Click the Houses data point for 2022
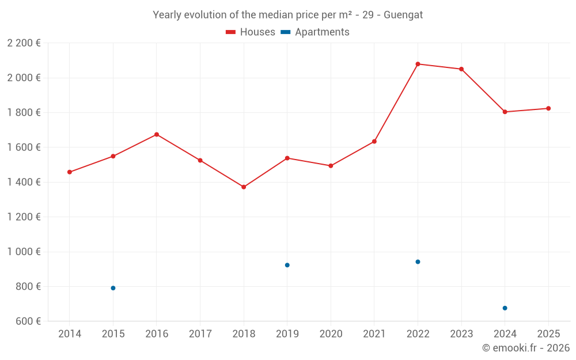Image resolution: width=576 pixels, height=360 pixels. tap(418, 64)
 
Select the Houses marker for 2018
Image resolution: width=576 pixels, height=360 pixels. tap(244, 187)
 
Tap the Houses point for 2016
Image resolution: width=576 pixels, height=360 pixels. tap(157, 135)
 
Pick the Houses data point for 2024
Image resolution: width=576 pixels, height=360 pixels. tap(505, 112)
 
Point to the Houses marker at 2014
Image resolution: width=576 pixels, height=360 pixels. tap(70, 172)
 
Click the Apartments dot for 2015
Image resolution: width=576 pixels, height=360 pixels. tap(113, 288)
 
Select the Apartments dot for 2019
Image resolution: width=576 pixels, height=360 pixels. tap(287, 265)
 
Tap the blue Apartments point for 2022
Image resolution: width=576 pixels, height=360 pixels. tap(418, 262)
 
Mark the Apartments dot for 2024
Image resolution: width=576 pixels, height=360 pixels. tap(505, 308)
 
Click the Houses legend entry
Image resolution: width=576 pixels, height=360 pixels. tap(251, 32)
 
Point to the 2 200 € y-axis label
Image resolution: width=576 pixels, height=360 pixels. tap(24, 43)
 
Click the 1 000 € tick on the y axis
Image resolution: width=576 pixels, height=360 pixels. tap(24, 252)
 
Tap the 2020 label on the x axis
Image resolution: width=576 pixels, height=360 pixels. tap(331, 334)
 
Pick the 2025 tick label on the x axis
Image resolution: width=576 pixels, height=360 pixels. tap(548, 334)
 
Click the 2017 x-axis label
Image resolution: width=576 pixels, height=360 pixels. tap(200, 334)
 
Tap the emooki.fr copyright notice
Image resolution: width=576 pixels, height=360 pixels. tap(525, 348)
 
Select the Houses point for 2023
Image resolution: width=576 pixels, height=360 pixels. tap(461, 69)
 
